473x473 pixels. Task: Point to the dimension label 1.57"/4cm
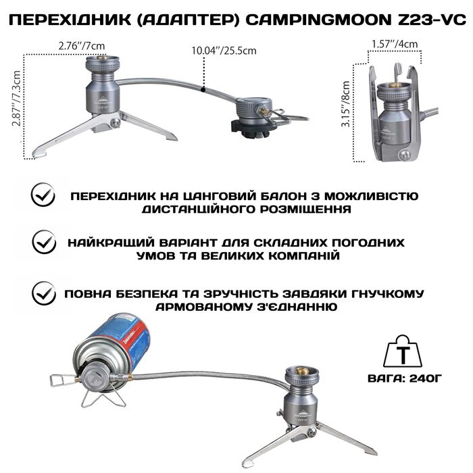point(395,45)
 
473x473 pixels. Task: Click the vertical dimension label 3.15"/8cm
point(347,110)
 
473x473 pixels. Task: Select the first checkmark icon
point(45,196)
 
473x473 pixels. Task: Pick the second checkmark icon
point(45,241)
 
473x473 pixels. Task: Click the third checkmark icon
point(45,293)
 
